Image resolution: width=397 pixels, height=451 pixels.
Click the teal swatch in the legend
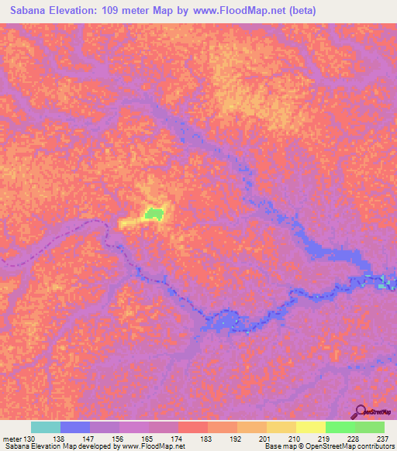pyautogui.click(x=46, y=427)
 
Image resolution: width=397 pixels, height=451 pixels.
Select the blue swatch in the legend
pyautogui.click(x=75, y=427)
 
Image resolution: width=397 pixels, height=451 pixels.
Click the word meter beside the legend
pyautogui.click(x=11, y=438)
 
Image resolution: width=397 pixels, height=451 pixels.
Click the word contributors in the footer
pyautogui.click(x=375, y=446)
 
